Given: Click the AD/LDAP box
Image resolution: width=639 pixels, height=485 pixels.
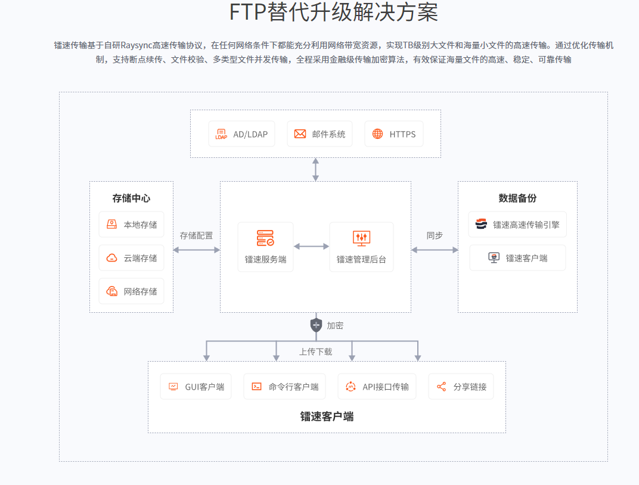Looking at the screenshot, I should (241, 134).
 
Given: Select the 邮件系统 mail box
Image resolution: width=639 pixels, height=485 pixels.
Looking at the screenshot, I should (319, 134).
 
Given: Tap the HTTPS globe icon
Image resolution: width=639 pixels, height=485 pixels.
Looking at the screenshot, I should (377, 134).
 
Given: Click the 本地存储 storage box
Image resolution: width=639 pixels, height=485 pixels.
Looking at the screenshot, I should (131, 225).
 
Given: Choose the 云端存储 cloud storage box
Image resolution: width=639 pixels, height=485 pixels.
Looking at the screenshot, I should (131, 258).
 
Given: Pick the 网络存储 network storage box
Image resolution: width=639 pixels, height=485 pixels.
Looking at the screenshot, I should (131, 291).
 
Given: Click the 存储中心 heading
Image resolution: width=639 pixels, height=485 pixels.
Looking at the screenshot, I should (131, 198).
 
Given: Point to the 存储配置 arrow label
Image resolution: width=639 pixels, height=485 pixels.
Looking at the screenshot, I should (196, 235).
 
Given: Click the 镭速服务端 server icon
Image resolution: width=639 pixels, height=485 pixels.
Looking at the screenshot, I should (265, 238).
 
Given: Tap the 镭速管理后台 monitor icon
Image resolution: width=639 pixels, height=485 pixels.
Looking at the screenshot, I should (361, 238).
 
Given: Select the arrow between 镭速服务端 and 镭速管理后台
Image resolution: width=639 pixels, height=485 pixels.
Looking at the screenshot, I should (311, 246).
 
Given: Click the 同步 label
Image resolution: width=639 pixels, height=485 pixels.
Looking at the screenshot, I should (435, 235).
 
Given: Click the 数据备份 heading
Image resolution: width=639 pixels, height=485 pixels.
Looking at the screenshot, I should (517, 198).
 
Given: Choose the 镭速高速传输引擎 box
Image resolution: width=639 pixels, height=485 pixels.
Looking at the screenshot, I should (517, 225).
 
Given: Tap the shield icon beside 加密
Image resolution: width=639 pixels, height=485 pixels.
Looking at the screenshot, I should (316, 325).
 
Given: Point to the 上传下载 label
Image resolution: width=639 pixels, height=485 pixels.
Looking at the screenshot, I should (315, 352).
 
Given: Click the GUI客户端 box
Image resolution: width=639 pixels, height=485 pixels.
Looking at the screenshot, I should (196, 387).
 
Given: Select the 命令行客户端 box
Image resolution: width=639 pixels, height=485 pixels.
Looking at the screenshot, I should (284, 387).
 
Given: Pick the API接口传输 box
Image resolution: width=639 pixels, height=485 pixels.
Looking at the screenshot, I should (377, 387).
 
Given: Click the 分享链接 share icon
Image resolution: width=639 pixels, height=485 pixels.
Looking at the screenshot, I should (442, 387).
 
